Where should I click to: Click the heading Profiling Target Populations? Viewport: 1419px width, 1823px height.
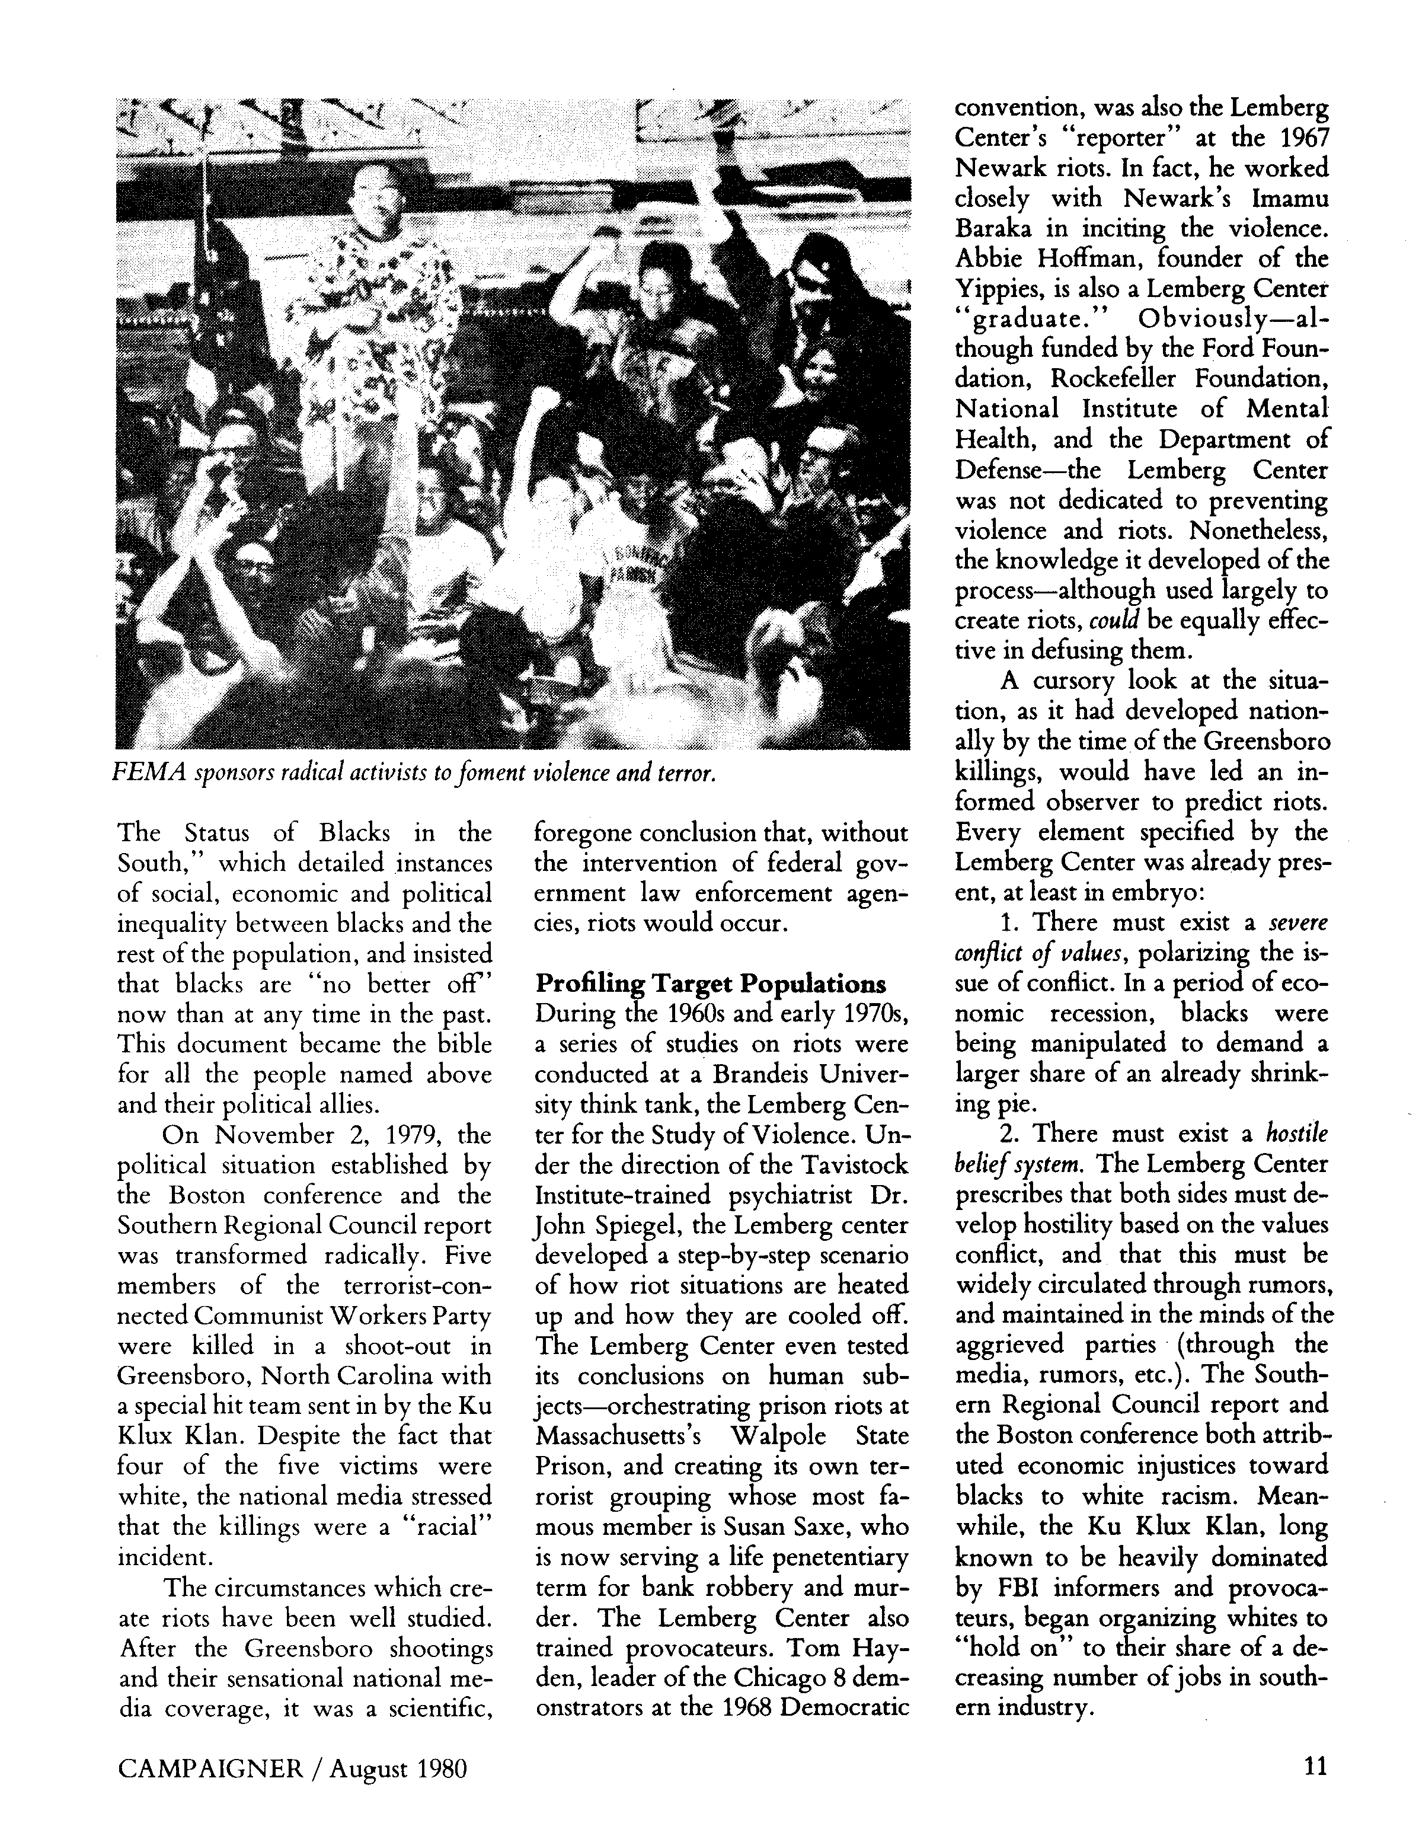[x=710, y=984]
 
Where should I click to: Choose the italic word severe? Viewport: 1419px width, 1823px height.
[x=1298, y=923]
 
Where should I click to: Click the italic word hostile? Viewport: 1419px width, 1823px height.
[x=1296, y=1134]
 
